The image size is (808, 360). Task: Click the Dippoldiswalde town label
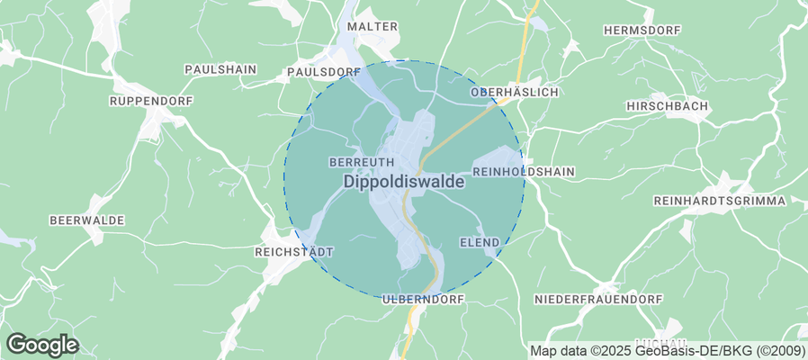coord(404,181)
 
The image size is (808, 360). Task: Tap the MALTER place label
coord(373,27)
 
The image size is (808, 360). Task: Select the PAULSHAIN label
coord(220,69)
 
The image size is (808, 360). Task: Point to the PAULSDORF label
coord(324,71)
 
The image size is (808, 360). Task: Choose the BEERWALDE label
coord(86,220)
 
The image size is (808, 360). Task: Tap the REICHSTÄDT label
coord(295,251)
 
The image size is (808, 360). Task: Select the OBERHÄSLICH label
coord(516,93)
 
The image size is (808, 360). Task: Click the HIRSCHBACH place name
coord(666,106)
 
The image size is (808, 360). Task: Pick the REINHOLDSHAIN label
coord(524,171)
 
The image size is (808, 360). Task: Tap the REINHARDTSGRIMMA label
coord(719,200)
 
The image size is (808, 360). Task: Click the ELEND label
coord(479,243)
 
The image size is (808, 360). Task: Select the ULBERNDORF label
coord(422,298)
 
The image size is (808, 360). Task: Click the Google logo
coord(42,344)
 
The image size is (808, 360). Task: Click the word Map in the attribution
coord(544,350)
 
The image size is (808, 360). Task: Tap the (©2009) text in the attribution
coord(781,350)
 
